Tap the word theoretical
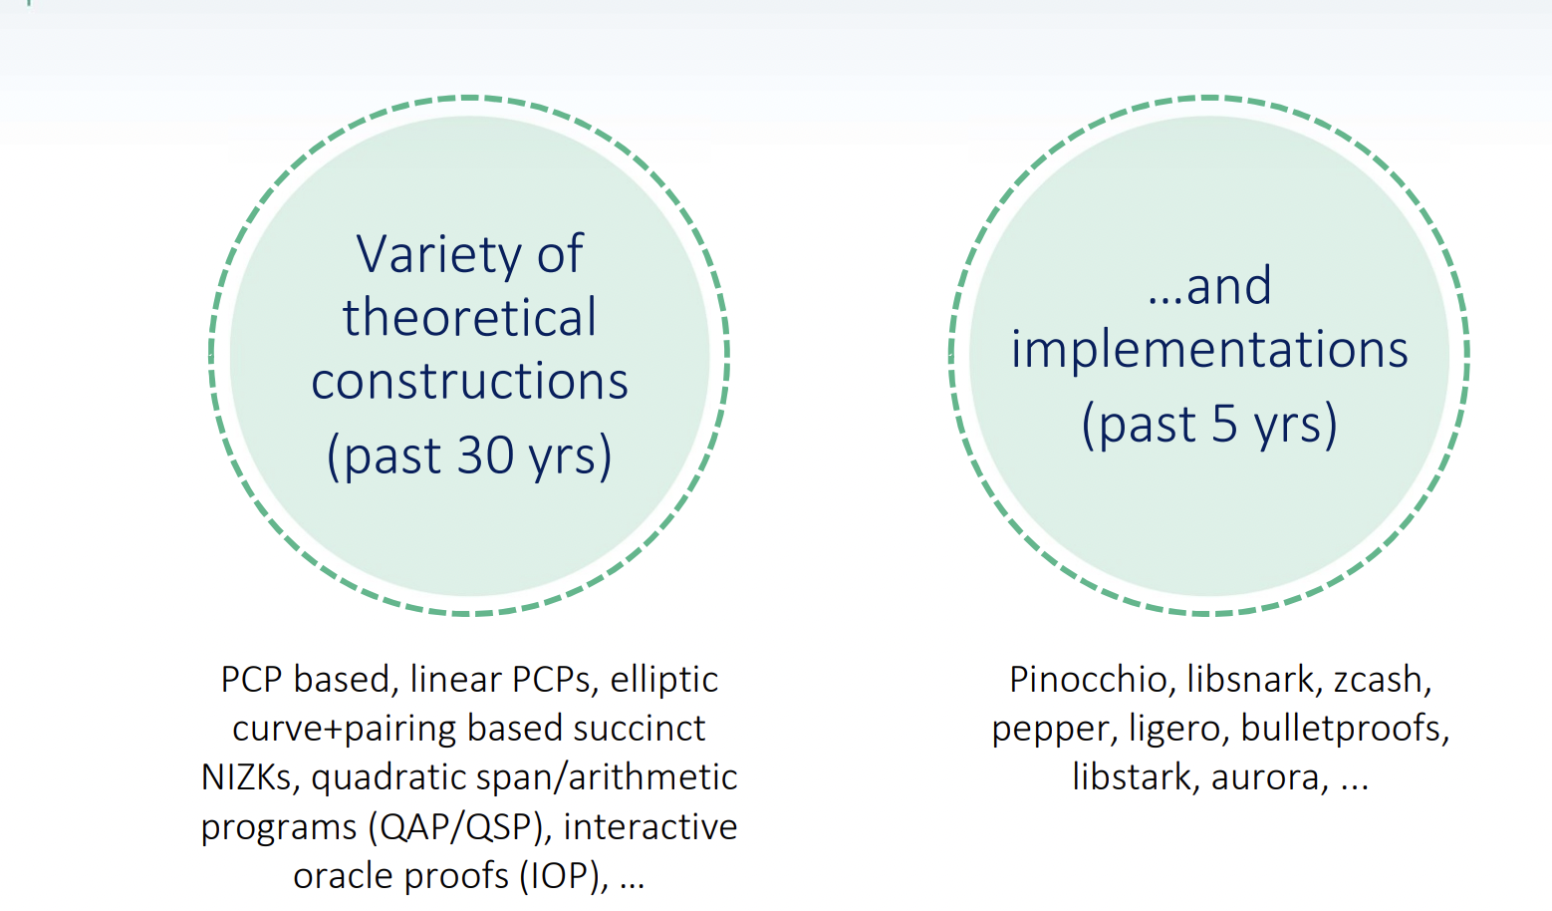point(469,317)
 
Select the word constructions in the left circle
point(469,382)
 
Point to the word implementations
point(1209,350)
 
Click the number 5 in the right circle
point(1224,424)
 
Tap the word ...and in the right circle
point(1209,286)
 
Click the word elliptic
point(663,680)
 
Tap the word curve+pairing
point(344,730)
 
